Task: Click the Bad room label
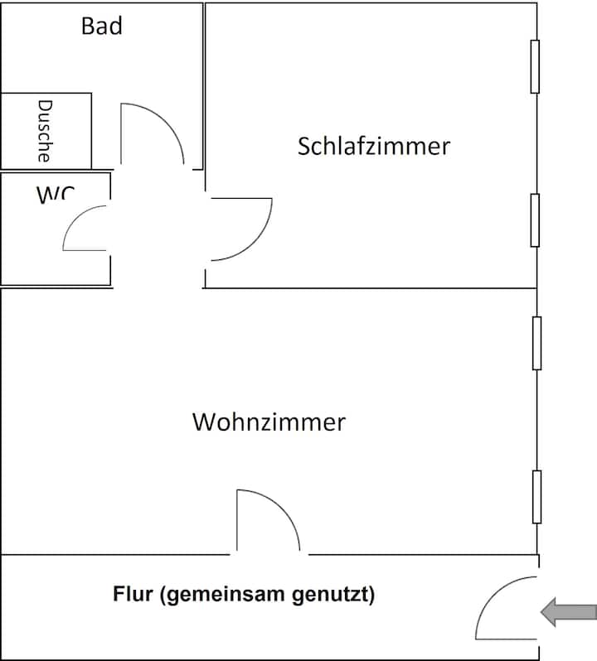tap(102, 26)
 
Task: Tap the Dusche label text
tap(46, 130)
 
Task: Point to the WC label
tap(55, 195)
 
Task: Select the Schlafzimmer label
tap(373, 147)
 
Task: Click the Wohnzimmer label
tap(269, 422)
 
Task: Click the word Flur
tap(131, 594)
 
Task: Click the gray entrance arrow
tap(568, 612)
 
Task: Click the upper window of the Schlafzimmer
tap(535, 66)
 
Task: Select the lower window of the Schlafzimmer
tap(535, 220)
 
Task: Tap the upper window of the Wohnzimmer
tap(536, 342)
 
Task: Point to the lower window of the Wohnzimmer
tap(536, 496)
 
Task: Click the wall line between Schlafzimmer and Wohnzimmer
tap(373, 288)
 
